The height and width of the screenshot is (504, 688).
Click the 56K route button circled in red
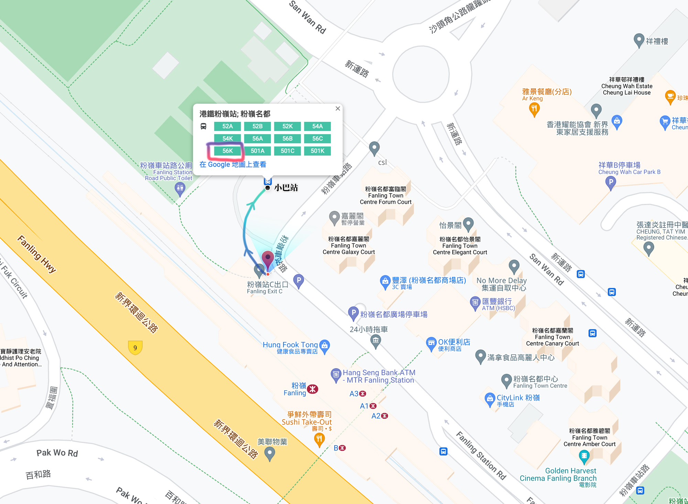coord(227,151)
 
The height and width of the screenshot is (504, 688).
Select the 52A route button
coord(227,126)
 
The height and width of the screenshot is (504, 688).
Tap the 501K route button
coord(317,151)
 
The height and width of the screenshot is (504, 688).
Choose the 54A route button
coord(317,126)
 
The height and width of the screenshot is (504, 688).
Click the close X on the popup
coord(338,109)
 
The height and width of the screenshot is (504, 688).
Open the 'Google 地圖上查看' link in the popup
coord(233,164)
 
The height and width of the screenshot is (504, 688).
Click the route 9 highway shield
coord(135,348)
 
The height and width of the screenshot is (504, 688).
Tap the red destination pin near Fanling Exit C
coord(268,258)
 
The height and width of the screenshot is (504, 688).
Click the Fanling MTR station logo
coord(312,389)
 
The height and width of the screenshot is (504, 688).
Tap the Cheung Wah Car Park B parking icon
coord(610,182)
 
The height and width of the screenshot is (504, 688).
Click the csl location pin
coord(374,148)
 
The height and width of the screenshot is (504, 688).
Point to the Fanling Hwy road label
coord(37,254)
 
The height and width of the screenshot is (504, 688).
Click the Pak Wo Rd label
coord(57,453)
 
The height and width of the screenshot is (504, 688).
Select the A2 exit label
coord(376,416)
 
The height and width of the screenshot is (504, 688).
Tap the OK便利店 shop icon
coord(431,343)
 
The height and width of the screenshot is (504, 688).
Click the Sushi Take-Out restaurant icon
coord(319,439)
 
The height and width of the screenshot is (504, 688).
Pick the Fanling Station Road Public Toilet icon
coord(180,188)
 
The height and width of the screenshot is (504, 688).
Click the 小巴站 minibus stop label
coord(286,188)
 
